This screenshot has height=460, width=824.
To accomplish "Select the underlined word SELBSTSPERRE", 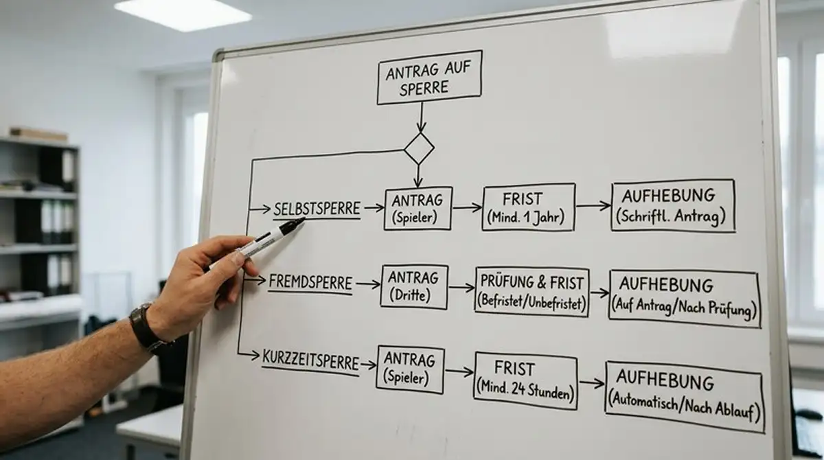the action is [317, 209].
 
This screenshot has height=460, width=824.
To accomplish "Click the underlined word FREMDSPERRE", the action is [310, 283].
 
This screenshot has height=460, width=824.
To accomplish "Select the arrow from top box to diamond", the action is [421, 117].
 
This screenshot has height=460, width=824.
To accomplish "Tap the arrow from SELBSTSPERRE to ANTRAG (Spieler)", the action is [374, 208].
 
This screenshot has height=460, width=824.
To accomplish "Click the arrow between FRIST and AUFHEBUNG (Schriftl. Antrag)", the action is [593, 206].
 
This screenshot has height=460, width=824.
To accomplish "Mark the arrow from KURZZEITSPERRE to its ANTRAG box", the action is [368, 365].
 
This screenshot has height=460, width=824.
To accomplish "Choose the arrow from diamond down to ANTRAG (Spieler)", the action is [418, 176].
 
